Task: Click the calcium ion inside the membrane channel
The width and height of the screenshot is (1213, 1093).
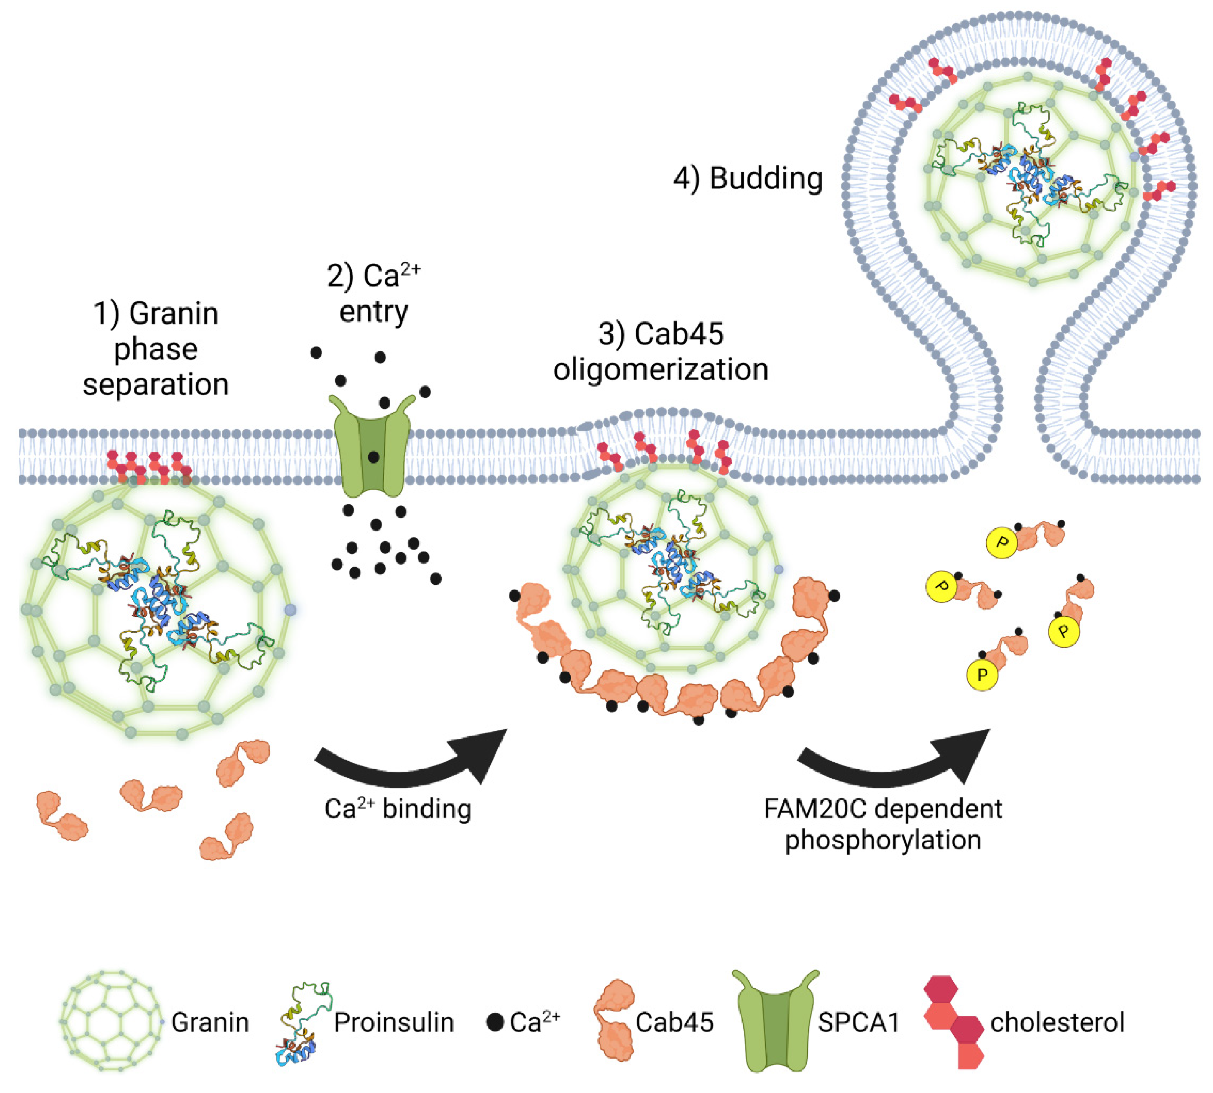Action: pyautogui.click(x=373, y=457)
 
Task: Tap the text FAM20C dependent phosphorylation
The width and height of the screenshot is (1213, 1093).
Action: pyautogui.click(x=883, y=824)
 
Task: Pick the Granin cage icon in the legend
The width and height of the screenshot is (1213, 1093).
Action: pyautogui.click(x=111, y=1020)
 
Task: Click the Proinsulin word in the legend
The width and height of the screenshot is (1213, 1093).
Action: pyautogui.click(x=394, y=1022)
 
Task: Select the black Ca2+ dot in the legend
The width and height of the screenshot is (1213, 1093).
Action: pyautogui.click(x=495, y=1022)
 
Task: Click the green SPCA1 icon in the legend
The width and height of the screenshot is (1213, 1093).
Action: pyautogui.click(x=774, y=1020)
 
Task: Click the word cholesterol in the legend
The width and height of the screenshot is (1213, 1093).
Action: pyautogui.click(x=1057, y=1022)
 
